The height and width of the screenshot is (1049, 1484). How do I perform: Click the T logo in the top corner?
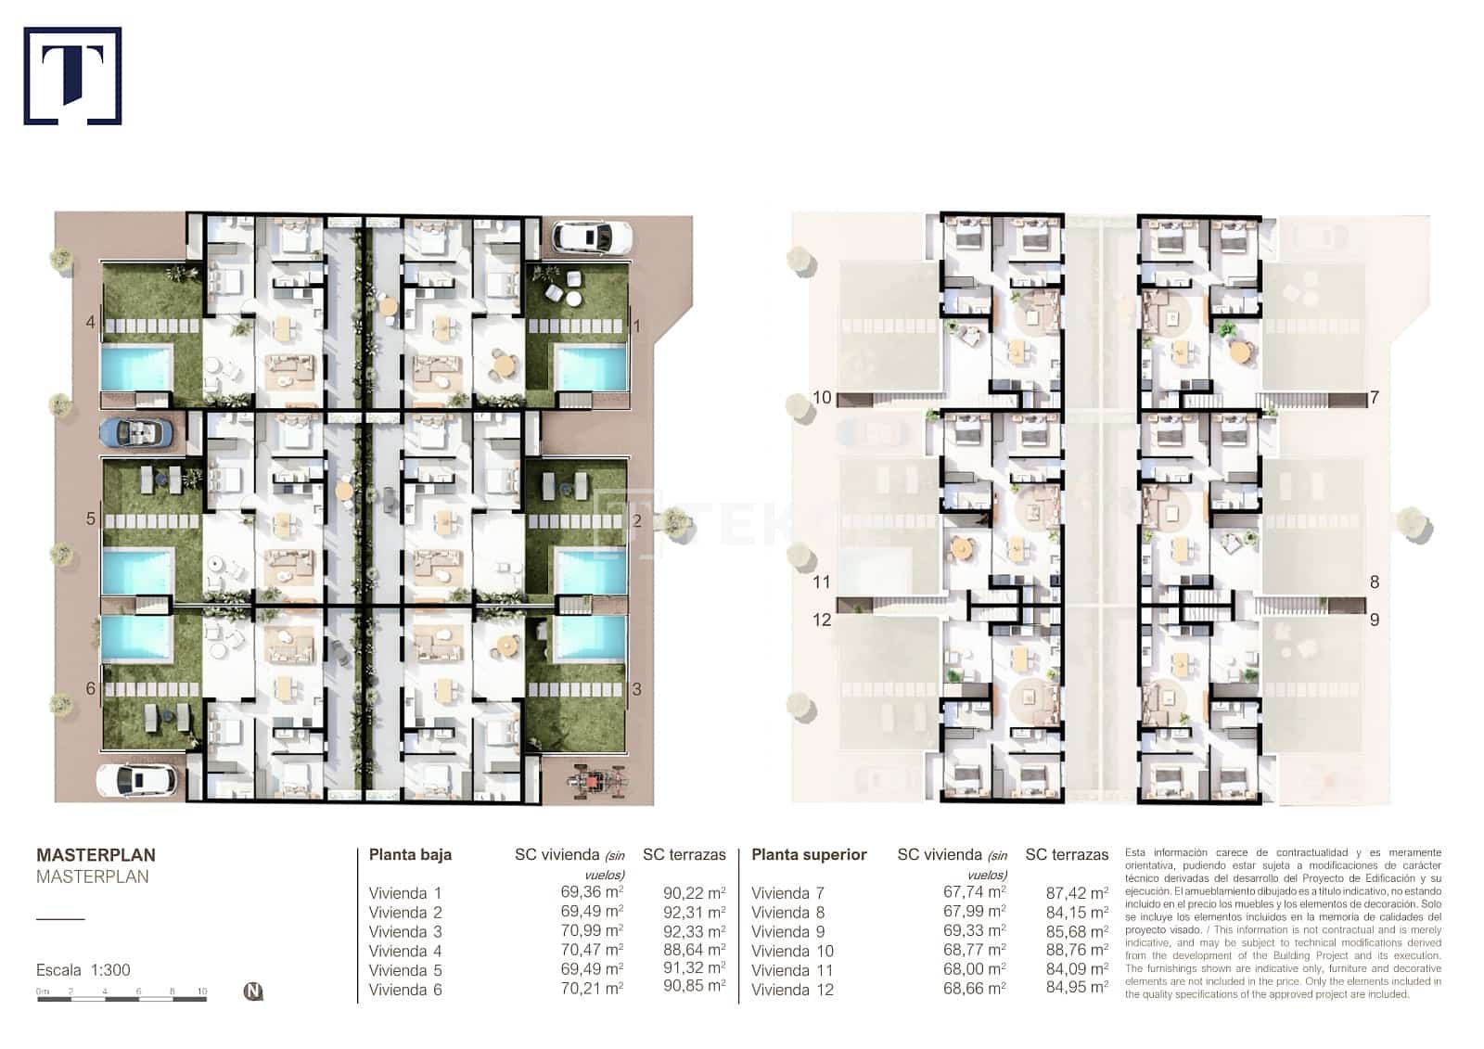point(72,76)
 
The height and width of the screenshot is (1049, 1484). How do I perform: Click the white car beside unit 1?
point(592,237)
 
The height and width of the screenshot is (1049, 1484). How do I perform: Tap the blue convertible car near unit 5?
point(135,432)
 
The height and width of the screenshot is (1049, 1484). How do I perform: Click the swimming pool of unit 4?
point(136,367)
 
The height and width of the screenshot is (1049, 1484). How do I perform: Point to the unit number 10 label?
point(822,398)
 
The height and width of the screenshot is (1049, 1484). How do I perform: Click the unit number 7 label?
point(1375,398)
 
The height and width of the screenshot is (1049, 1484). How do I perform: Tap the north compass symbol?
point(253,991)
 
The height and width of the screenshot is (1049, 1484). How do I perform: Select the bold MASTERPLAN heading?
point(96,855)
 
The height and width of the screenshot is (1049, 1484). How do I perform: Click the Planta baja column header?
point(410,855)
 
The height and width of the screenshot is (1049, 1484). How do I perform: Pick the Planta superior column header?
point(809,855)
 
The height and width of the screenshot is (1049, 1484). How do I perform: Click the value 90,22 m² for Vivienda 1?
point(694,893)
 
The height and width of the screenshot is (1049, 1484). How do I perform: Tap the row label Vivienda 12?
point(792,990)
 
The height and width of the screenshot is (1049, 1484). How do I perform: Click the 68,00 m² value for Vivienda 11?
point(974,969)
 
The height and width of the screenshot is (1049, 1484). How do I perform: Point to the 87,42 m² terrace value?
point(1077,893)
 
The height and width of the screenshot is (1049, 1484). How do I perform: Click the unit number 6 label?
point(90,688)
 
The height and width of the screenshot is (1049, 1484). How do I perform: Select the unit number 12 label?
point(822,620)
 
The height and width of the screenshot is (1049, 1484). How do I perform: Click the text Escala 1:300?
point(83,970)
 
